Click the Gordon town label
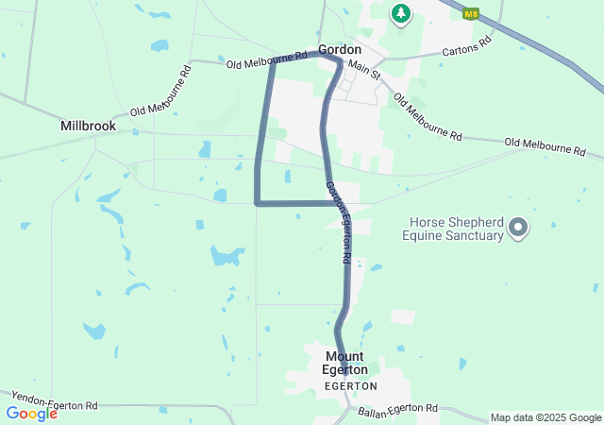click(340, 49)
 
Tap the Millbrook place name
click(88, 126)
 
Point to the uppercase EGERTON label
click(350, 386)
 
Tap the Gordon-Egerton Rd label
click(340, 222)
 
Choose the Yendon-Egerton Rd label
click(54, 399)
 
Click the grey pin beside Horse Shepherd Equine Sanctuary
click(517, 227)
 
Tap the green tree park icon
click(401, 12)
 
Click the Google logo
click(31, 414)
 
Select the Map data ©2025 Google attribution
click(545, 417)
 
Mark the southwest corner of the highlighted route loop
click(257, 202)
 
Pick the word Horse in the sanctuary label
click(426, 223)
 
